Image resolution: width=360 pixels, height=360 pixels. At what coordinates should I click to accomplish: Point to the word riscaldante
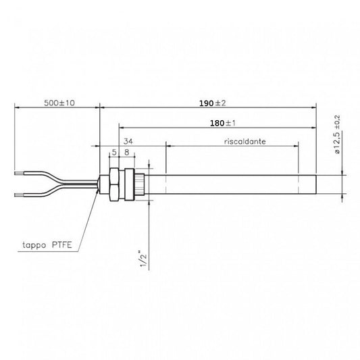(x=244, y=143)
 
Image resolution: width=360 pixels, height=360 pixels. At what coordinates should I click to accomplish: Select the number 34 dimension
(x=130, y=142)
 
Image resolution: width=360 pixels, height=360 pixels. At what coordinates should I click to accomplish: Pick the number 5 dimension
(x=114, y=153)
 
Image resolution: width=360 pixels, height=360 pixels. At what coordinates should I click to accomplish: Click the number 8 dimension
(x=126, y=153)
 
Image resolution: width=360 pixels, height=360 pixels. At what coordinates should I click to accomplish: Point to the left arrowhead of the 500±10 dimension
(x=16, y=107)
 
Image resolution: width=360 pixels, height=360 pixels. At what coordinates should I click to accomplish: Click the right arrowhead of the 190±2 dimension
(x=314, y=107)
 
